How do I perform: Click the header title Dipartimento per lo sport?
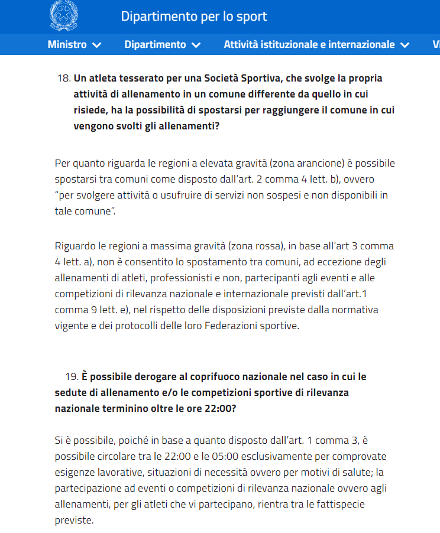(194, 17)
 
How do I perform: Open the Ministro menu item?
(67, 44)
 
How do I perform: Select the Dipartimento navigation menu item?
(155, 44)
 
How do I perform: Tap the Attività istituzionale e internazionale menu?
(309, 44)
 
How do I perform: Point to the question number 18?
(64, 79)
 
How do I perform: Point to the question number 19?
(72, 376)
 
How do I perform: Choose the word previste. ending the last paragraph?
(74, 521)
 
